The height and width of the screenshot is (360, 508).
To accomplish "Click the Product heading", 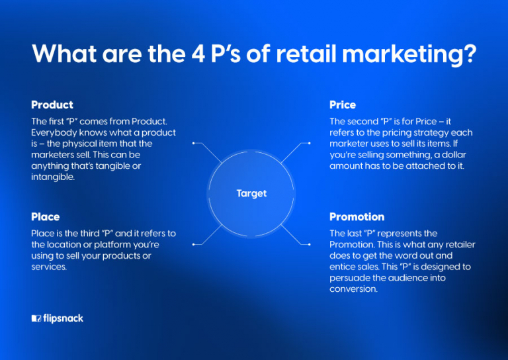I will click(x=52, y=105).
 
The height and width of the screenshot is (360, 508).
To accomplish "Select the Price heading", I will click(x=343, y=105).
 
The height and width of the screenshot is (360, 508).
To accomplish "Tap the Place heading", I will click(x=45, y=216).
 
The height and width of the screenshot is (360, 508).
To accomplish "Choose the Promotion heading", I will click(x=357, y=216).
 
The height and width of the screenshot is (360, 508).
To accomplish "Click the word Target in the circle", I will click(x=251, y=193).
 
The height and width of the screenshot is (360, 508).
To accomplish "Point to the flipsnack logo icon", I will click(x=36, y=318).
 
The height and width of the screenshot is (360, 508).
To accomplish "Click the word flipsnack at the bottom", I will click(x=63, y=318).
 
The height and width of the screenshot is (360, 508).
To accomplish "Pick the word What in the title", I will click(x=64, y=54).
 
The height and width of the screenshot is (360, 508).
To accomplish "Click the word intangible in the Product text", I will click(x=54, y=177).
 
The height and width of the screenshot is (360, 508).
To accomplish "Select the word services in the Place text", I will click(x=49, y=267).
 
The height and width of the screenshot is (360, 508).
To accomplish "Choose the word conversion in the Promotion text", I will click(x=354, y=289).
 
